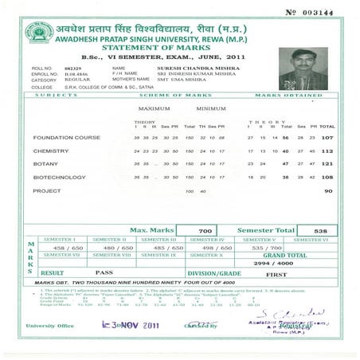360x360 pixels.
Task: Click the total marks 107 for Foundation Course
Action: click(x=327, y=138)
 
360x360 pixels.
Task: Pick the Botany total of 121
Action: click(x=327, y=164)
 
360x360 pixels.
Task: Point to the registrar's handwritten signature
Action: click(x=289, y=313)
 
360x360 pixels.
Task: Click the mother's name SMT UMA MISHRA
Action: click(x=172, y=80)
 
